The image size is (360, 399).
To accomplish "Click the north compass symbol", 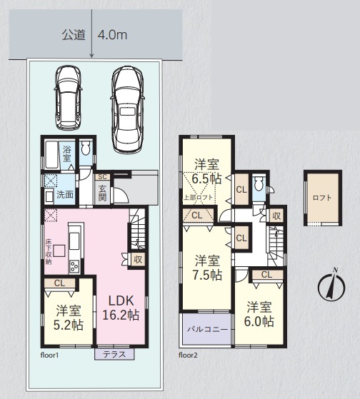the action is click(331, 286).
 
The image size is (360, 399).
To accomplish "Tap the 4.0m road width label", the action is click(112, 35).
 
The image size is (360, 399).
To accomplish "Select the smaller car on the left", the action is click(68, 97).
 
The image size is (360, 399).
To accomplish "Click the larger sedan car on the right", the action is click(127, 110).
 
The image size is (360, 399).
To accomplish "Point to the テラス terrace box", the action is click(114, 354).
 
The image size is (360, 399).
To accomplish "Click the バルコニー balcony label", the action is click(207, 330).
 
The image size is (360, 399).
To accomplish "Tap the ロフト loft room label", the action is click(322, 198).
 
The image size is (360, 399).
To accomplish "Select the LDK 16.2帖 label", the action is click(121, 308).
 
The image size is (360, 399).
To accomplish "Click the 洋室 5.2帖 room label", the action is click(69, 317).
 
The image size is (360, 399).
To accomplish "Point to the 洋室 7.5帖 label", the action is click(207, 267).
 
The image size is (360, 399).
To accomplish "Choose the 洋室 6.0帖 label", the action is click(259, 314).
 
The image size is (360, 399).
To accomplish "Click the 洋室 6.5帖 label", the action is click(206, 171).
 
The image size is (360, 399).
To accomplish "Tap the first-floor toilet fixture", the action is click(86, 148).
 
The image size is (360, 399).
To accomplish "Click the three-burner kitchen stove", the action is click(74, 267).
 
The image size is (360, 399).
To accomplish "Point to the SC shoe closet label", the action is click(102, 177).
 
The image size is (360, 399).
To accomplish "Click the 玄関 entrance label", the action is click(102, 193).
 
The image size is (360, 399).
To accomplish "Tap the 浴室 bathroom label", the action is click(66, 154).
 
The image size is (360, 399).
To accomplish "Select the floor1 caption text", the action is click(49, 355).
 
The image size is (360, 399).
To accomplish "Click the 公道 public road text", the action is click(74, 35).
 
